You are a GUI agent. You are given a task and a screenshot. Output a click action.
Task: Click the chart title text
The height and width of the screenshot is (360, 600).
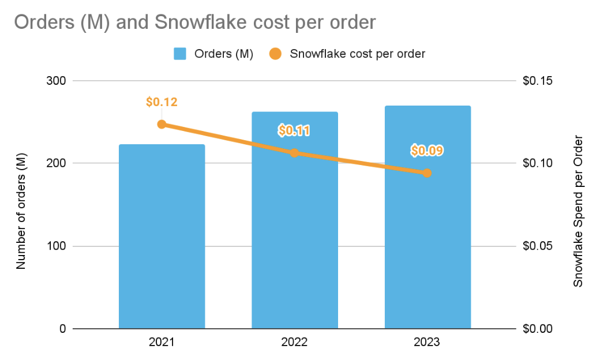pyautogui.click(x=194, y=22)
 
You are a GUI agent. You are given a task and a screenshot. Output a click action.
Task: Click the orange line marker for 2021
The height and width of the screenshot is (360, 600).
pyautogui.click(x=162, y=124)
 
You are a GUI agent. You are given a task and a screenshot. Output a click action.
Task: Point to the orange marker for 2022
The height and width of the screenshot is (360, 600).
pyautogui.click(x=294, y=153)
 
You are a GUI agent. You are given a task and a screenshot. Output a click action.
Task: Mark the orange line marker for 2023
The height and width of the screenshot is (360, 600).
pyautogui.click(x=427, y=172)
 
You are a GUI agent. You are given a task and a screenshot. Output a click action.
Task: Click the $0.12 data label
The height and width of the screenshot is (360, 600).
pyautogui.click(x=162, y=103)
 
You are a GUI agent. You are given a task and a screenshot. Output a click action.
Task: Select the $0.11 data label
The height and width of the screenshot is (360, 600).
pyautogui.click(x=294, y=131)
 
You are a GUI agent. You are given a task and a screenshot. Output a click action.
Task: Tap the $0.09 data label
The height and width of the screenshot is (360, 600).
pyautogui.click(x=427, y=151)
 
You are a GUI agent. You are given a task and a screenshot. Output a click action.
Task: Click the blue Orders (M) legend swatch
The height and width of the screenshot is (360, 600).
pyautogui.click(x=180, y=54)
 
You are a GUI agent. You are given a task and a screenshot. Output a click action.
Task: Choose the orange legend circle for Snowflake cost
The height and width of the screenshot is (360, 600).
pyautogui.click(x=275, y=54)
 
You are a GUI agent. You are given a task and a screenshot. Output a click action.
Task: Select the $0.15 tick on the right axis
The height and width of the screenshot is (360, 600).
pyautogui.click(x=538, y=81)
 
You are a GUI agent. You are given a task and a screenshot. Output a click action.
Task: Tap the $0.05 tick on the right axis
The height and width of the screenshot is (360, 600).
pyautogui.click(x=538, y=246)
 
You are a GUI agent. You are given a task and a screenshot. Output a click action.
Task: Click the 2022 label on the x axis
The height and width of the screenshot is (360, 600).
pyautogui.click(x=294, y=342)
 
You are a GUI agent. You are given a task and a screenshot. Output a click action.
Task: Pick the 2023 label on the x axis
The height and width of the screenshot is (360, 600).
pyautogui.click(x=427, y=342)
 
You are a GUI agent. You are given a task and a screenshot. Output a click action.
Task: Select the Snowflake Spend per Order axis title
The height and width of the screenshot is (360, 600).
pyautogui.click(x=577, y=211)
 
